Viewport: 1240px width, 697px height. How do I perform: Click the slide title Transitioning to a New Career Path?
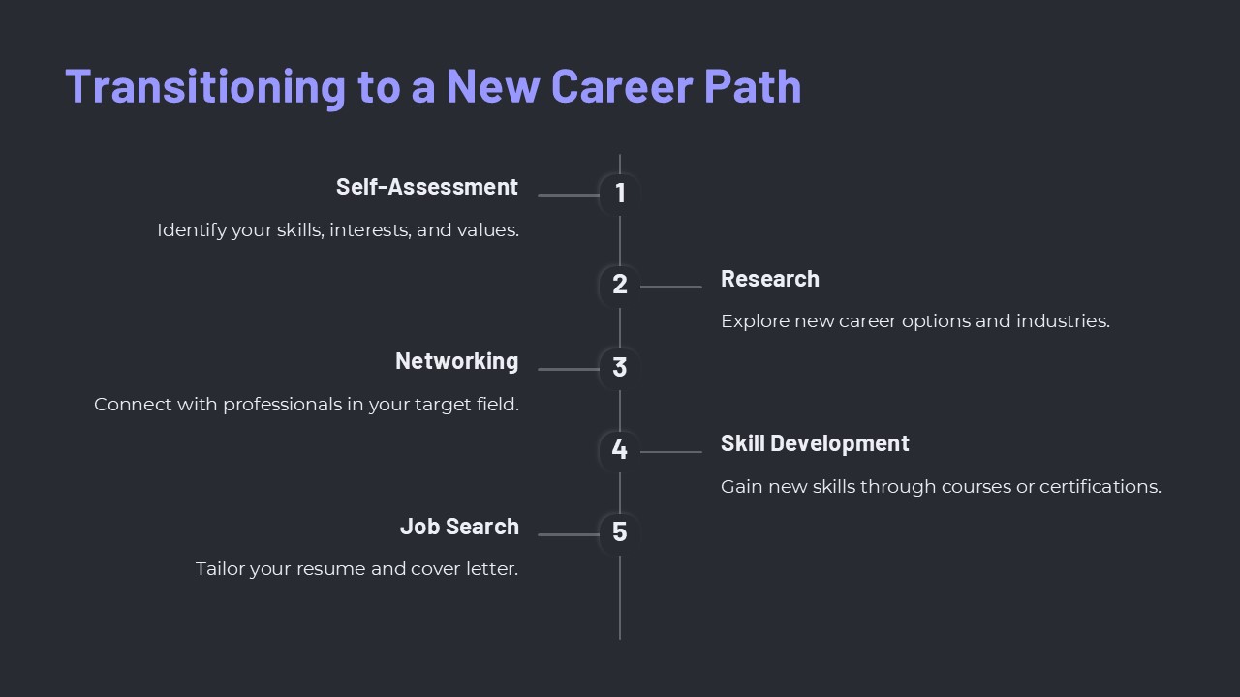point(433,85)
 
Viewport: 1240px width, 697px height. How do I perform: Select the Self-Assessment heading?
point(426,187)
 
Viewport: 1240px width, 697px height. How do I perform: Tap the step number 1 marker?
point(620,194)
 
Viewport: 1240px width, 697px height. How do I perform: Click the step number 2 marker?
point(620,285)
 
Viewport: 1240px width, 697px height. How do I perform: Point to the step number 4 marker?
point(620,450)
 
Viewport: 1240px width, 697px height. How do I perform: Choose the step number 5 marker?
point(620,532)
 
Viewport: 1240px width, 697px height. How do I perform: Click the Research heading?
point(769,279)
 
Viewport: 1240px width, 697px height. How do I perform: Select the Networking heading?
point(456,361)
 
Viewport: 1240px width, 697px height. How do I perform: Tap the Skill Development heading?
point(815,443)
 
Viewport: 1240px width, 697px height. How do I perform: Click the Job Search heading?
point(459,527)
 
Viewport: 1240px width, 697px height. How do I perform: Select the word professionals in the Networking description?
point(282,404)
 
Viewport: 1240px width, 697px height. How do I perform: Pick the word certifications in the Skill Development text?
point(1100,486)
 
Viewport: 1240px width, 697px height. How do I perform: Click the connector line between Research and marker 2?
point(671,287)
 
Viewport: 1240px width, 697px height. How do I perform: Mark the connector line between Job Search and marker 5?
point(569,534)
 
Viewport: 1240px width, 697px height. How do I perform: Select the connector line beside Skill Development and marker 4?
point(671,452)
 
